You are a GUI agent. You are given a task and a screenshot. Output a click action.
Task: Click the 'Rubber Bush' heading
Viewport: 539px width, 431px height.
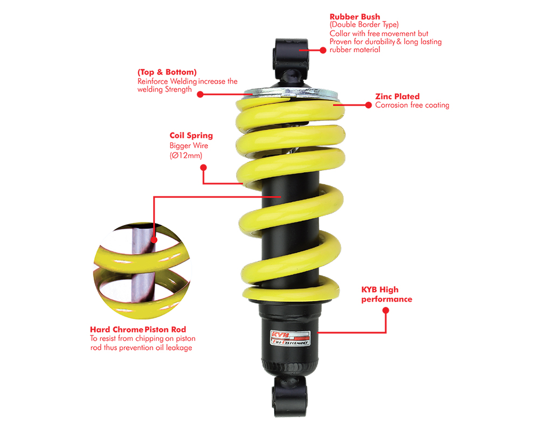(355, 17)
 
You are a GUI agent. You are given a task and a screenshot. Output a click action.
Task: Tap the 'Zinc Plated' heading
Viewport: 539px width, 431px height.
(397, 96)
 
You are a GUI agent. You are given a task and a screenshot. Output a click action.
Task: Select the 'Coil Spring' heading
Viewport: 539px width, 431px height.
(191, 135)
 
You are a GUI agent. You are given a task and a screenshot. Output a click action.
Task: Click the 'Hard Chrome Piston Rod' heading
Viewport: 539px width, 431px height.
(138, 329)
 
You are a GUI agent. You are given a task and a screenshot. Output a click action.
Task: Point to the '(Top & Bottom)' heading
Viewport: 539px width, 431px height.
(167, 72)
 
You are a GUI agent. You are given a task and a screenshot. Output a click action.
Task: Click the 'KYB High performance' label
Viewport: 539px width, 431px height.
(386, 294)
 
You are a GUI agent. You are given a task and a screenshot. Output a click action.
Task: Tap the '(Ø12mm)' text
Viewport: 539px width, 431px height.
(186, 155)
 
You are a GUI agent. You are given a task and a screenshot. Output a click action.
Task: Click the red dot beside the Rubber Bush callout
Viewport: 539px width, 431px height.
(323, 50)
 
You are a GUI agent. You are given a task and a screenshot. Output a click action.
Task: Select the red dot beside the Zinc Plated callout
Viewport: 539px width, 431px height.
(369, 105)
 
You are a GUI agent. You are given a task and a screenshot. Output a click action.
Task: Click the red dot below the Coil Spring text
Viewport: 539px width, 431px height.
(204, 168)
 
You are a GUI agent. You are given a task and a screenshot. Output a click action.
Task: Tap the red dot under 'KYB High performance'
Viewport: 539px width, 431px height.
(386, 310)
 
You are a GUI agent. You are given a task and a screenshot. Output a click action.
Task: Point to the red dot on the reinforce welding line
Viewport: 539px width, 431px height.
(200, 94)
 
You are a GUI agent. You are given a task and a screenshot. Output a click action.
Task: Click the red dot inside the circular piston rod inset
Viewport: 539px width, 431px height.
(154, 240)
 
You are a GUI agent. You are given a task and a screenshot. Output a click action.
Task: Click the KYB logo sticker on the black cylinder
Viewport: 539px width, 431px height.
(291, 338)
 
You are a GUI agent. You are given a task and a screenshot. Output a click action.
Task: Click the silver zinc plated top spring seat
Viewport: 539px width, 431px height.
(292, 93)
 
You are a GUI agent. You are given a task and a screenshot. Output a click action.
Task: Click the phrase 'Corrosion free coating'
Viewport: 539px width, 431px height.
(412, 105)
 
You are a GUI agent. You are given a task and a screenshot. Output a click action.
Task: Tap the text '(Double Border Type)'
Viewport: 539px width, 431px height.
(364, 25)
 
